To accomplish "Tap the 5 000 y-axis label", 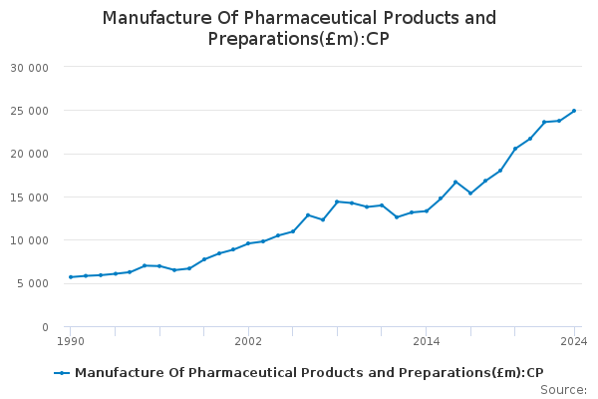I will click(45, 283).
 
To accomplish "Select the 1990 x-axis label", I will click(70, 342).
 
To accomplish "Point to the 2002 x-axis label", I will click(248, 342).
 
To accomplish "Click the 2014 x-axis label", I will click(426, 342).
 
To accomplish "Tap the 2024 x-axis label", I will click(574, 342).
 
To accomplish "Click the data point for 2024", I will click(574, 111).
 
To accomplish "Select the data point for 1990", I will click(70, 277).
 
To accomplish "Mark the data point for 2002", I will click(248, 243).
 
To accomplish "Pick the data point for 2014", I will click(426, 210).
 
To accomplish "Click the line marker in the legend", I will click(62, 373).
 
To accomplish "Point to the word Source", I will click(561, 390).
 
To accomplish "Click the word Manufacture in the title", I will click(149, 18).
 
